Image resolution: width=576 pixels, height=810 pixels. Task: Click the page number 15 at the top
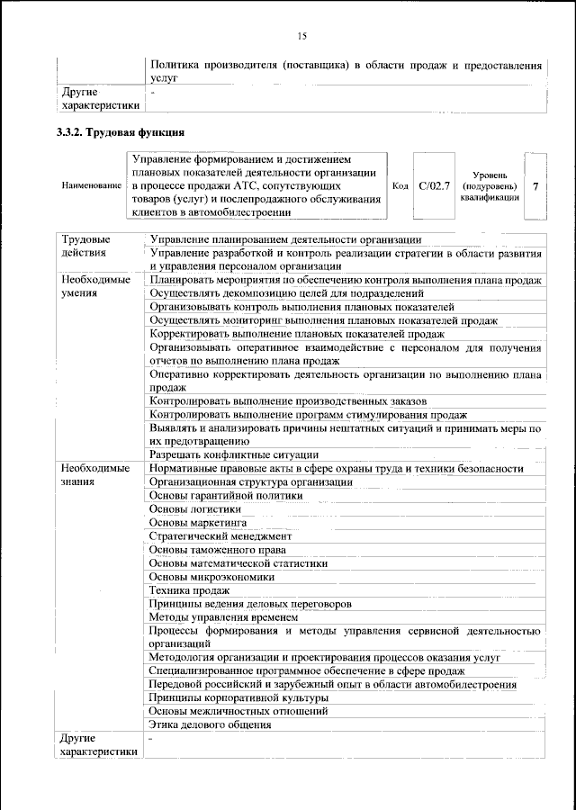(301, 36)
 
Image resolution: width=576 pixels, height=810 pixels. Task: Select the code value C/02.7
(434, 186)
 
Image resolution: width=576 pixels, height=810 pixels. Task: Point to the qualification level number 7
(535, 186)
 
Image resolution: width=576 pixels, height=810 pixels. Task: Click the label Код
(401, 186)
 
